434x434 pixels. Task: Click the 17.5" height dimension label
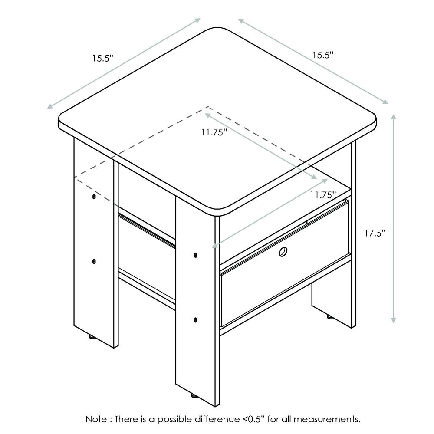point(375,233)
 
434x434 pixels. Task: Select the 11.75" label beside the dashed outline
point(214,132)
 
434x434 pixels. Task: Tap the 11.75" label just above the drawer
point(323,195)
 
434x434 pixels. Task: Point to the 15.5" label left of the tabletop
point(103,59)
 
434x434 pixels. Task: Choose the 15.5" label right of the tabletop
point(323,55)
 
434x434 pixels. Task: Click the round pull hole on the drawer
point(283,252)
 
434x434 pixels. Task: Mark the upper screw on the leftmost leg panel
point(94,197)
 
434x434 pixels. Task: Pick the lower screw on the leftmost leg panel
point(94,261)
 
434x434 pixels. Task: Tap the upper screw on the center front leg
point(196,255)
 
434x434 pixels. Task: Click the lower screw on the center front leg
point(196,320)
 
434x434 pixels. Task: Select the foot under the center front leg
point(194,396)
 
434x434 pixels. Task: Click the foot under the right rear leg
point(330,317)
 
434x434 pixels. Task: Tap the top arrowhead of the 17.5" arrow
point(393,116)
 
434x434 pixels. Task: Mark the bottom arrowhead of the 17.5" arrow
point(393,320)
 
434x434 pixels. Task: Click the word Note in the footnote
point(96,419)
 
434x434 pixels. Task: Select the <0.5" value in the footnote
point(253,419)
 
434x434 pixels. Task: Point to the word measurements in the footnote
point(327,419)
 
